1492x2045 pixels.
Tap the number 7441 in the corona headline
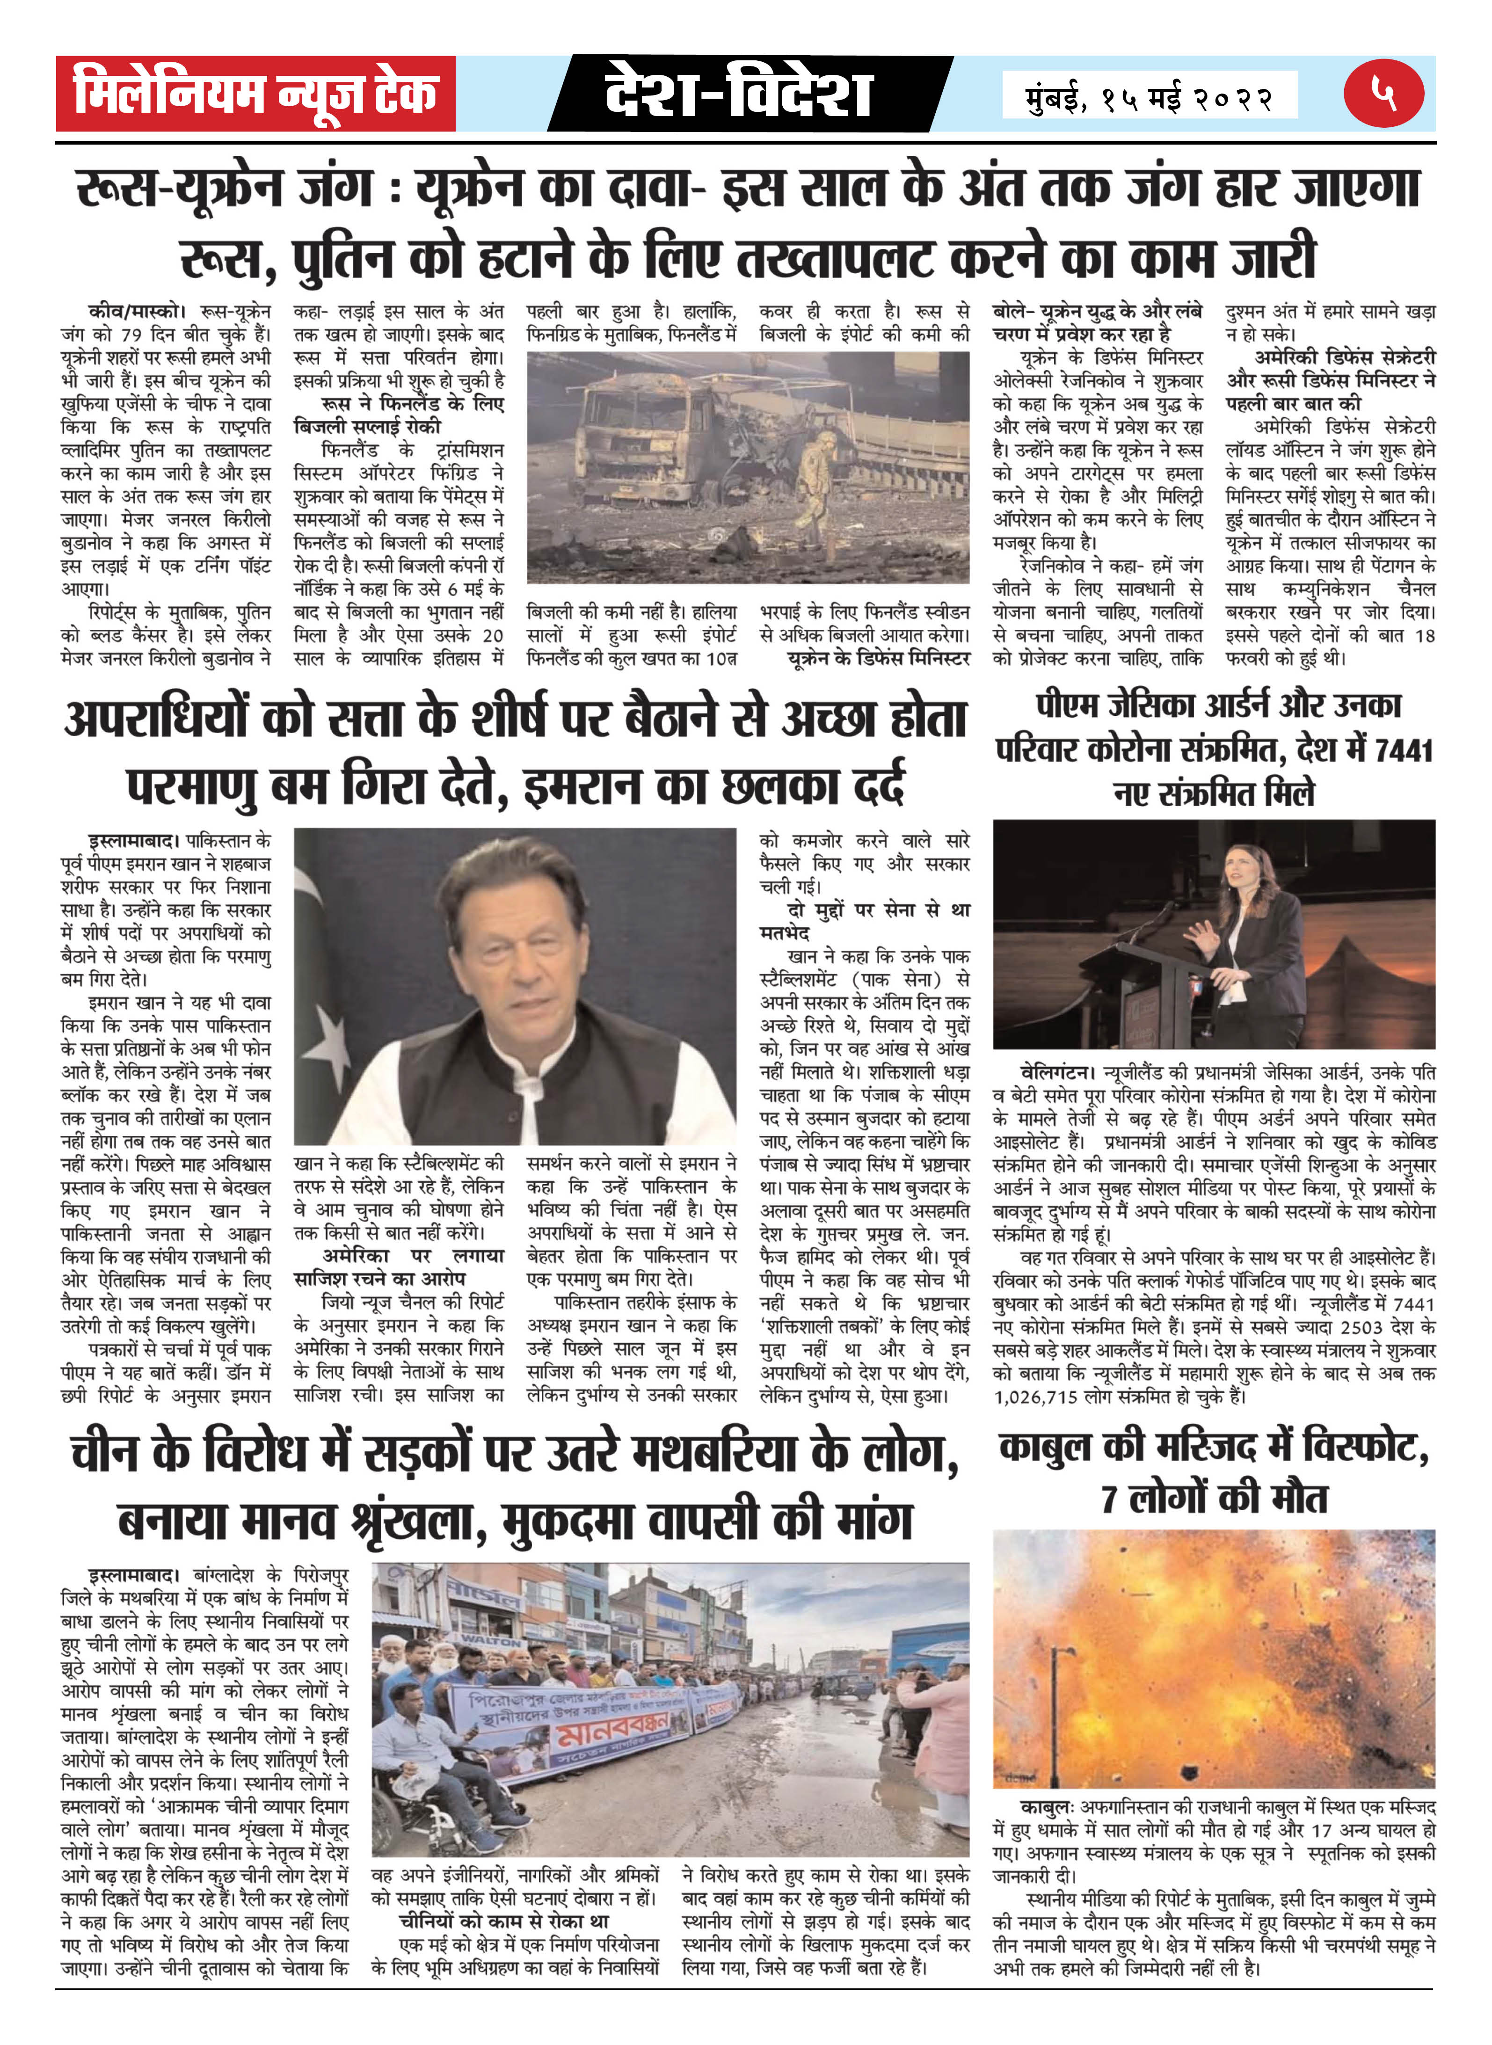1402,750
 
